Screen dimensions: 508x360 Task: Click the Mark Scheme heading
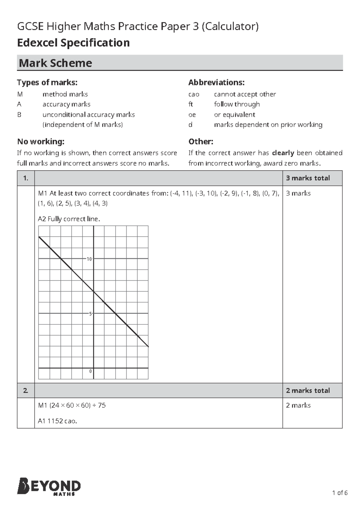coord(55,63)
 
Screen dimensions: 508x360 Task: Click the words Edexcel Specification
coord(73,43)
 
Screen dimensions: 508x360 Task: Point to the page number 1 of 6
coord(340,493)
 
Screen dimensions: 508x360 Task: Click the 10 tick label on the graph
coord(89,259)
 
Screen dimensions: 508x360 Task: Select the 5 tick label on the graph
coord(90,314)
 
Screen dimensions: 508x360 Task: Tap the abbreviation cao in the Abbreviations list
coord(194,94)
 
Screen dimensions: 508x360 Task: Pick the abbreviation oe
coord(192,115)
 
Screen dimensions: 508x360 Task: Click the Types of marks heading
coord(47,82)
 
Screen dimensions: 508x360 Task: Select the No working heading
coord(40,141)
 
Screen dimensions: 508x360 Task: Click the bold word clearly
coord(283,153)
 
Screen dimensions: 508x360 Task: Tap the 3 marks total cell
coord(308,178)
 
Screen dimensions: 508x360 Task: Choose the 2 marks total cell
coord(308,391)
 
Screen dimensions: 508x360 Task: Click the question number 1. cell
coord(26,178)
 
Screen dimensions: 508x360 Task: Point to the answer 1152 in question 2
coord(55,421)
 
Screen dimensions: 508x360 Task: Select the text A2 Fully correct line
coord(69,219)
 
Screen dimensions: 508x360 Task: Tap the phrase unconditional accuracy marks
coord(88,115)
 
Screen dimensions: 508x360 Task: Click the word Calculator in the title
coord(230,27)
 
